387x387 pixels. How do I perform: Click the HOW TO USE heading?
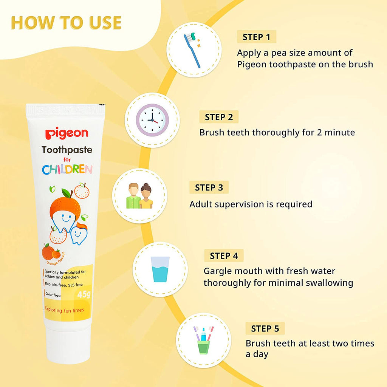tap(66, 23)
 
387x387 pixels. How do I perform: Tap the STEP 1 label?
tap(257, 37)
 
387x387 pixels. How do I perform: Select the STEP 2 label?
tap(219, 117)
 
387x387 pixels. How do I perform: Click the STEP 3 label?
tap(209, 187)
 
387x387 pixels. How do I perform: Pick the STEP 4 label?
tap(224, 256)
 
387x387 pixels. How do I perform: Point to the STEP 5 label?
tap(265, 328)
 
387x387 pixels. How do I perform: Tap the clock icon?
tap(152, 120)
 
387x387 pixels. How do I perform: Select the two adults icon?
tap(139, 196)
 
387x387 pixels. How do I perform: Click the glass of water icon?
tap(160, 269)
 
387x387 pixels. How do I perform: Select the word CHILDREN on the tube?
tap(67, 169)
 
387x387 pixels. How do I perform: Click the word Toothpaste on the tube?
tap(67, 150)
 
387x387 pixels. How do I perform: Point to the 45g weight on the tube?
tap(83, 295)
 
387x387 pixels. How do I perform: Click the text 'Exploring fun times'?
tap(64, 310)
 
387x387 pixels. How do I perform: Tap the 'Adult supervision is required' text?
tap(251, 204)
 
